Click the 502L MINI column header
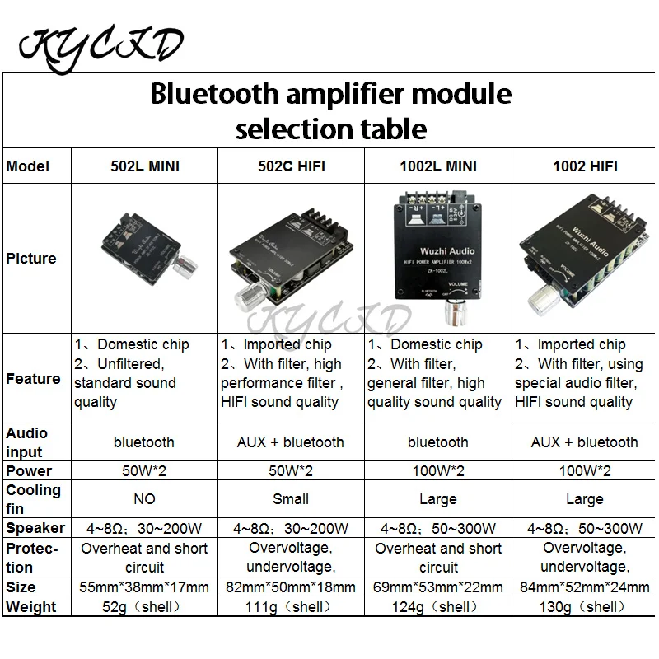click(x=144, y=166)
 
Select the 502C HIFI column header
click(x=291, y=166)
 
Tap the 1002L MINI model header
click(x=437, y=166)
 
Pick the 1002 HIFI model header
click(x=584, y=166)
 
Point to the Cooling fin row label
click(x=34, y=499)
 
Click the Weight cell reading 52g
click(x=144, y=607)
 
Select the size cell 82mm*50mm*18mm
click(x=291, y=587)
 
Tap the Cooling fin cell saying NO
click(x=144, y=499)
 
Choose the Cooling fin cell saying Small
click(x=291, y=499)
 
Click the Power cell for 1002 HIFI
click(x=584, y=471)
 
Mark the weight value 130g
click(x=584, y=607)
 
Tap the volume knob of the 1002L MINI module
click(x=451, y=312)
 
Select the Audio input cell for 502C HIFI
click(x=291, y=442)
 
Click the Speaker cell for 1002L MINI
click(x=437, y=528)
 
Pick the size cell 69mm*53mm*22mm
click(x=437, y=587)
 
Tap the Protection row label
click(x=34, y=558)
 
